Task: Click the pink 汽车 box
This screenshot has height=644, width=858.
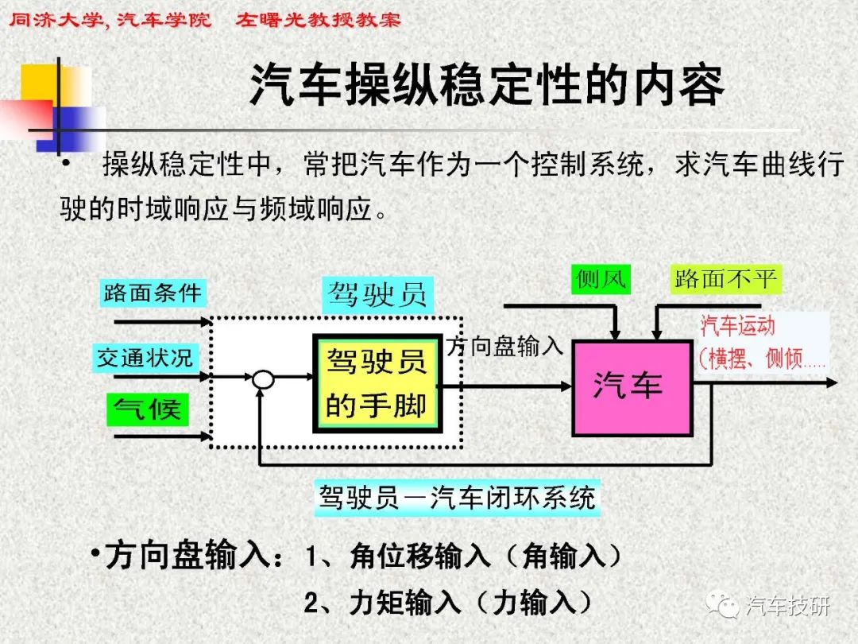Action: pyautogui.click(x=632, y=388)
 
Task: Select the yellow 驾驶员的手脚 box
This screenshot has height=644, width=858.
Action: pyautogui.click(x=377, y=382)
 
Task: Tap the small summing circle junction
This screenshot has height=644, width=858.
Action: pyautogui.click(x=263, y=378)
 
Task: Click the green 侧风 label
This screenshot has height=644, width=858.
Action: pyautogui.click(x=601, y=279)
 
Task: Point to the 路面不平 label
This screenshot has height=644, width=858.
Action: pyautogui.click(x=725, y=279)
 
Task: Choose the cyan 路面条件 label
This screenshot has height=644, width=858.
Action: pyautogui.click(x=152, y=293)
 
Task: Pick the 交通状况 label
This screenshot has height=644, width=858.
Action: pyautogui.click(x=145, y=359)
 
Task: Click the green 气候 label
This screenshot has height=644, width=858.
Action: pyautogui.click(x=147, y=409)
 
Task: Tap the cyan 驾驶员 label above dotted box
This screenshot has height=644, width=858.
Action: pyautogui.click(x=377, y=295)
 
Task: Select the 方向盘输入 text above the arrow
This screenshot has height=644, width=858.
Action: pyautogui.click(x=504, y=347)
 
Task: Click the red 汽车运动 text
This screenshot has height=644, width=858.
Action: pyautogui.click(x=737, y=326)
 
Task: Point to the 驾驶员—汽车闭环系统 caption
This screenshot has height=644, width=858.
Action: pyautogui.click(x=457, y=498)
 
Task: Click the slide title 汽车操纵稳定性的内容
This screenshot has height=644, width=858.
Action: pyautogui.click(x=487, y=85)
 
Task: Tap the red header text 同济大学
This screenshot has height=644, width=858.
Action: pyautogui.click(x=56, y=20)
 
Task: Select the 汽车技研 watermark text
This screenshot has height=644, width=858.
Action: pyautogui.click(x=788, y=606)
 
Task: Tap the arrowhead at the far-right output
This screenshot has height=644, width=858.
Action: pyautogui.click(x=832, y=382)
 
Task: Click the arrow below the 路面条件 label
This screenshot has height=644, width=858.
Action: pyautogui.click(x=163, y=322)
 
